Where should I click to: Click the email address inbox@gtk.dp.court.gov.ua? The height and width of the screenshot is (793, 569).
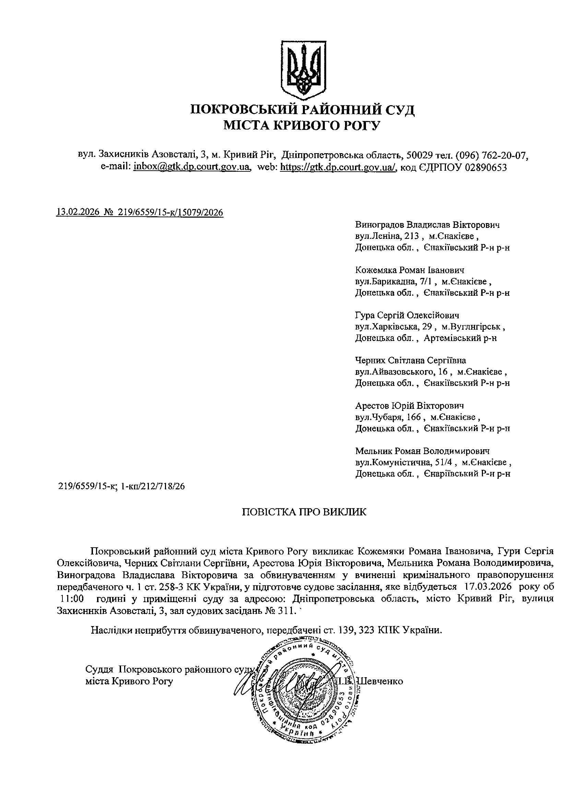click(x=192, y=167)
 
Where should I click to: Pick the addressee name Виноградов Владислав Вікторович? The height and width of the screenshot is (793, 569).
click(x=427, y=224)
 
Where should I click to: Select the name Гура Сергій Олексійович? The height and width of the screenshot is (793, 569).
click(x=407, y=315)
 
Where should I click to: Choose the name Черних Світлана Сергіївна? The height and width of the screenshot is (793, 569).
click(x=411, y=361)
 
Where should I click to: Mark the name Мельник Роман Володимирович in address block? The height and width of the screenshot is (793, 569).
click(x=422, y=451)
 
